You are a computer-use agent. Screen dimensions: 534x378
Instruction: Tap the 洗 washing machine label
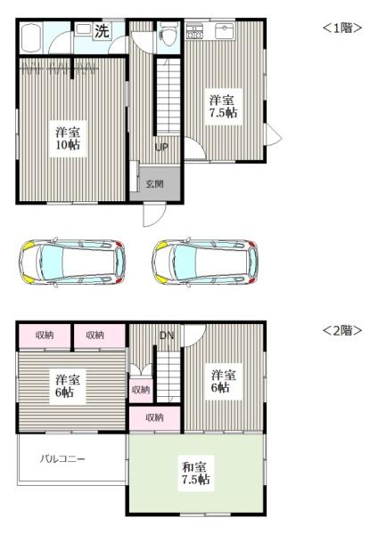103,31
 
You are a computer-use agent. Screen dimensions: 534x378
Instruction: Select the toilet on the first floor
167,36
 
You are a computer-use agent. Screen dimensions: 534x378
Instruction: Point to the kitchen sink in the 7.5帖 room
222,32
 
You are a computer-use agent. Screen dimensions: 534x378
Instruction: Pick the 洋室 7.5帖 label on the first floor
223,106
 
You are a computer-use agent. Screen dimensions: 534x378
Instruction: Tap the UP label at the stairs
162,147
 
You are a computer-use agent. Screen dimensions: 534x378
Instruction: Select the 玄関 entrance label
154,184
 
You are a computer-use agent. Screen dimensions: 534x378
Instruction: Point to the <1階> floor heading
341,28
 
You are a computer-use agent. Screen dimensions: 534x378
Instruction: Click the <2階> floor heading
341,330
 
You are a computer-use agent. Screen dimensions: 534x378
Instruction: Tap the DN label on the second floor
166,336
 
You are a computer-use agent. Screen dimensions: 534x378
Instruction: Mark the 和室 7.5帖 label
196,473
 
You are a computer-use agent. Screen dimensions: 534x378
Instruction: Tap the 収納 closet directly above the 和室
154,417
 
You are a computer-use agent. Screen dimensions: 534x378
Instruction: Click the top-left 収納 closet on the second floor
44,335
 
